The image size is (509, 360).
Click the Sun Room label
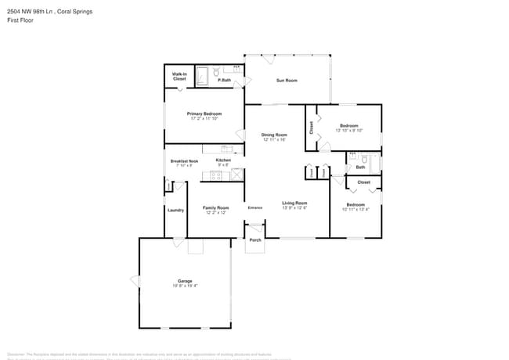[x=287, y=81]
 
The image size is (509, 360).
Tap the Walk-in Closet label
[x=179, y=77]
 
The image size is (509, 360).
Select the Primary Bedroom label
[x=204, y=114]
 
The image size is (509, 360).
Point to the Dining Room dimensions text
[x=274, y=140]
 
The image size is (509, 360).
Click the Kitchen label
[x=222, y=160]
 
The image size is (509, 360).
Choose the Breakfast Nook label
[x=184, y=161]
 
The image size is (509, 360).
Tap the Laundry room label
[x=175, y=210]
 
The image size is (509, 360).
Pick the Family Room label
[x=215, y=207]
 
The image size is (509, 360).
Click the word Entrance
[x=255, y=207]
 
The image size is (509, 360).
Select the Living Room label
[x=294, y=203]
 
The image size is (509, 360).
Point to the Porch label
[x=255, y=239]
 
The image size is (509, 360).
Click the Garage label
[x=185, y=281]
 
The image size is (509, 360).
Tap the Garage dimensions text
[x=185, y=286]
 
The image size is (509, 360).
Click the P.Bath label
[x=224, y=81]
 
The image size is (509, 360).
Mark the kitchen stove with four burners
[x=216, y=175]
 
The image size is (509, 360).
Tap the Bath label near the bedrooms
[x=360, y=167]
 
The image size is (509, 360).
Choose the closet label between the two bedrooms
[x=363, y=182]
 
